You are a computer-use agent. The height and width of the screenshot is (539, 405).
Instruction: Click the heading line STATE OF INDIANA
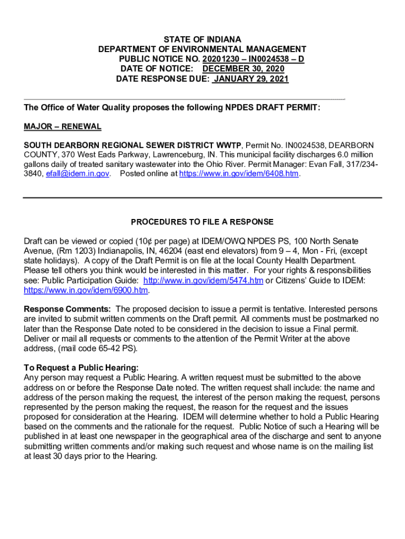click(202, 39)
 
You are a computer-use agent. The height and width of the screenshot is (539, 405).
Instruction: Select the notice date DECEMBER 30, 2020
click(244, 69)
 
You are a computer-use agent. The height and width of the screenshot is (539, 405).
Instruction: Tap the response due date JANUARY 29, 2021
click(251, 79)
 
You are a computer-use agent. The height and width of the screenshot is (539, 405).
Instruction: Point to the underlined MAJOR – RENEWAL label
click(63, 127)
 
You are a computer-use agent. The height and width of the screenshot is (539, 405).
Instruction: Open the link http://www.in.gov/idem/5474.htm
click(203, 281)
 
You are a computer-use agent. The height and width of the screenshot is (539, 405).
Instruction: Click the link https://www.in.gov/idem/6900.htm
click(86, 291)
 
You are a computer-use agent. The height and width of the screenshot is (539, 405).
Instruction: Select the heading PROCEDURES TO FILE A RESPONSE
click(202, 222)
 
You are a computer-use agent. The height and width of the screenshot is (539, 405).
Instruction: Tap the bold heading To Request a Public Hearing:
click(82, 368)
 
